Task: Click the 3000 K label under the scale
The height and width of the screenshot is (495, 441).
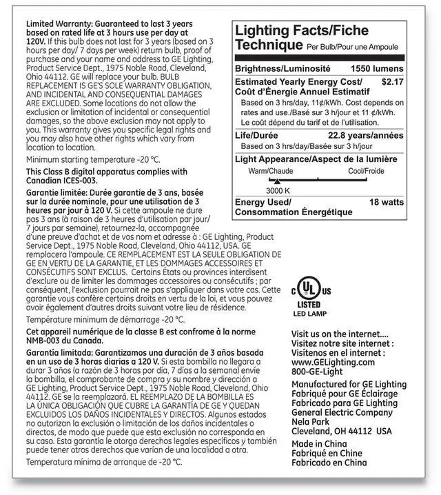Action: click(278, 190)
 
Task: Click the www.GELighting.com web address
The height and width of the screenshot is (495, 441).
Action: click(334, 361)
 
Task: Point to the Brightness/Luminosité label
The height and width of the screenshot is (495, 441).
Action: click(283, 70)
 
